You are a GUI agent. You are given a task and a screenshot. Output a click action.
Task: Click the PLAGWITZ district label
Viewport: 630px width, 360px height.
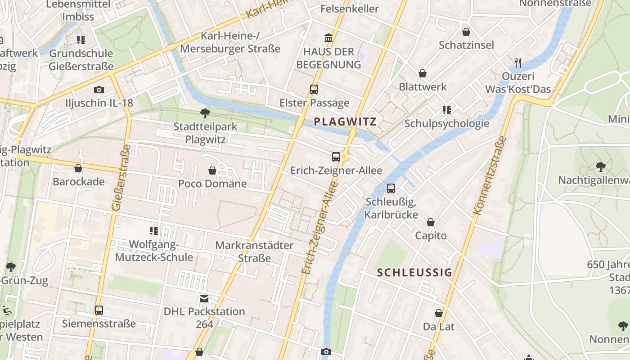(345, 121)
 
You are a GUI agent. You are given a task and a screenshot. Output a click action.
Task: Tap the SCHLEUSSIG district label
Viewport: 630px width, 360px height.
(414, 272)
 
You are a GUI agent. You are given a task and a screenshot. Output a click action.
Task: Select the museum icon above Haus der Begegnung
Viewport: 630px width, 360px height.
(328, 38)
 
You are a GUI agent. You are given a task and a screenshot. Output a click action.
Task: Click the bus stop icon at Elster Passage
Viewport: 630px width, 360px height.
(314, 90)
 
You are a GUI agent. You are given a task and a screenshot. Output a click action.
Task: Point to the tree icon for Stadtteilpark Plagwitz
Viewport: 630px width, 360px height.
(205, 113)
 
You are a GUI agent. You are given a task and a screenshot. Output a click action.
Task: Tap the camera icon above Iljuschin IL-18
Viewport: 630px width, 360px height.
(99, 90)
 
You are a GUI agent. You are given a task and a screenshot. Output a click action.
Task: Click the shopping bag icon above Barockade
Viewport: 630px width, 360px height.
(78, 169)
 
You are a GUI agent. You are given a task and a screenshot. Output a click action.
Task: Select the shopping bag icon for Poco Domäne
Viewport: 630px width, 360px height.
(212, 171)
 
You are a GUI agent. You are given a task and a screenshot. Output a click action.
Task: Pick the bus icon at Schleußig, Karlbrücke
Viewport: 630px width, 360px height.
(391, 189)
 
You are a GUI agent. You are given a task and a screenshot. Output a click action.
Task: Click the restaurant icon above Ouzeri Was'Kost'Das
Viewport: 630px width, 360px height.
(518, 63)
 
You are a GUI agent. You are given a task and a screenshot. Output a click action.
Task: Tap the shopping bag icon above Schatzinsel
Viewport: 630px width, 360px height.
(466, 32)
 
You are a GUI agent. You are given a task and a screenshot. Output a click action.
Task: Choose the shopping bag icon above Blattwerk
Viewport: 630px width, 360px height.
(423, 73)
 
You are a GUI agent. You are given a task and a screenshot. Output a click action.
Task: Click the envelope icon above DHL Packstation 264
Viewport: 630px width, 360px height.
(204, 299)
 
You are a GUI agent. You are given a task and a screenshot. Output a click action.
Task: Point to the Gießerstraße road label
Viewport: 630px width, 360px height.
(118, 178)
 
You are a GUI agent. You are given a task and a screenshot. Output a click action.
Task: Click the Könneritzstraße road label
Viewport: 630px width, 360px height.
(490, 175)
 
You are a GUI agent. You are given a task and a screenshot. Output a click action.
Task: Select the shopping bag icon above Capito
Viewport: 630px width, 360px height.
(431, 222)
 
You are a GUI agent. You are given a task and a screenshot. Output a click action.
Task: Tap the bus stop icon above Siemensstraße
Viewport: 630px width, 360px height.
(99, 310)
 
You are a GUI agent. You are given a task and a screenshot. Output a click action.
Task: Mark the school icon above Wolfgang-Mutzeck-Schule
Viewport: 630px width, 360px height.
(154, 231)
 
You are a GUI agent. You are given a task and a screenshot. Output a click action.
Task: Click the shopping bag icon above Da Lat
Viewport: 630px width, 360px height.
(439, 313)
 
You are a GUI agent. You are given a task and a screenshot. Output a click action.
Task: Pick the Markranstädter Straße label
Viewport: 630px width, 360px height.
(254, 252)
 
